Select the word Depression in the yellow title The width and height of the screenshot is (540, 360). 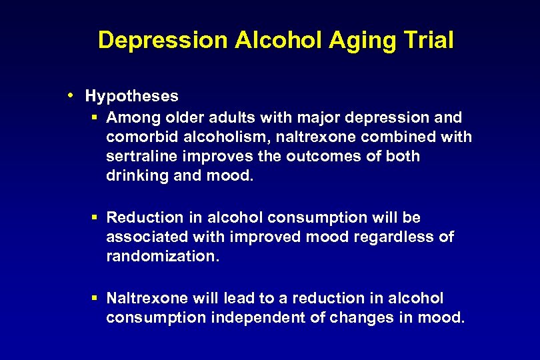pos(162,41)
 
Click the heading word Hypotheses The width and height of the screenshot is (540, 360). pos(132,96)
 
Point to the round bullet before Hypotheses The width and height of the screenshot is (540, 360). pos(71,95)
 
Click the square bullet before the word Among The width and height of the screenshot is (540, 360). pos(95,118)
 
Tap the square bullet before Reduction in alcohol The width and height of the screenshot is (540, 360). pos(95,217)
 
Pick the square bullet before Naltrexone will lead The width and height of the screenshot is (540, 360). pos(95,298)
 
